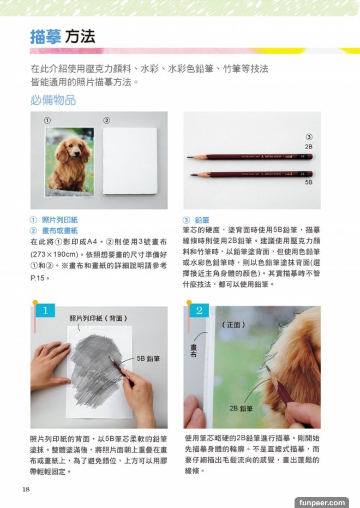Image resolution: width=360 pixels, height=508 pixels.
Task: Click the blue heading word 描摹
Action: [46, 37]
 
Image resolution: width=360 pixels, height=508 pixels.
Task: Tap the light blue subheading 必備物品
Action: [53, 100]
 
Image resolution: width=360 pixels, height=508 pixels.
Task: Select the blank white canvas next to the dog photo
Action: [130, 160]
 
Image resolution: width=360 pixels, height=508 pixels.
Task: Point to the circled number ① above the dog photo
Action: [47, 121]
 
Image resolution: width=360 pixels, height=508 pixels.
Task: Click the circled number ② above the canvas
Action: [106, 121]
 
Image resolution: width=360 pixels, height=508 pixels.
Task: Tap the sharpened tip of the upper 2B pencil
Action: [188, 157]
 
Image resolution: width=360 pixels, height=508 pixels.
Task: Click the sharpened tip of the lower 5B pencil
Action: [191, 175]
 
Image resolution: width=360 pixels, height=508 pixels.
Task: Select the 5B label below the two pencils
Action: [309, 182]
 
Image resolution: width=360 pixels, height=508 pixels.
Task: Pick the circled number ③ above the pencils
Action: [309, 137]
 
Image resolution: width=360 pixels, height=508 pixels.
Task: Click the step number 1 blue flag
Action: [45, 310]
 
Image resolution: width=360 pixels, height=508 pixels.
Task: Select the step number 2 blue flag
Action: [199, 310]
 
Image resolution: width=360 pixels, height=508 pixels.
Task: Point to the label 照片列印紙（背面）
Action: [98, 319]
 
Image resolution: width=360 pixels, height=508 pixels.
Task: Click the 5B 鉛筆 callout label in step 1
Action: [148, 358]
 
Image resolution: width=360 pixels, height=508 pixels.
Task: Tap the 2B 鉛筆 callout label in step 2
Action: [241, 409]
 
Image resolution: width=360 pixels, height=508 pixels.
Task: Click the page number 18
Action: [26, 489]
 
